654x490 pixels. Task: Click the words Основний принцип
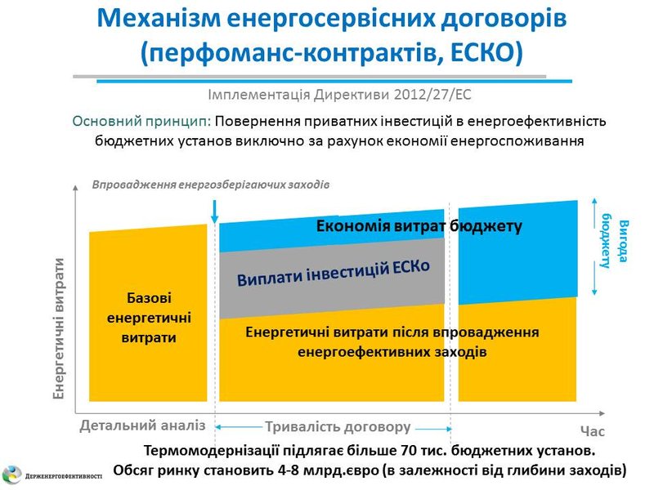click(141, 121)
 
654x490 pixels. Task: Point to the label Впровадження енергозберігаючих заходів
click(211, 185)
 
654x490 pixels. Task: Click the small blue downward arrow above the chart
click(215, 212)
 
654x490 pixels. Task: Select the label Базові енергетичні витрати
click(149, 318)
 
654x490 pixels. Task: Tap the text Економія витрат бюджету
click(419, 226)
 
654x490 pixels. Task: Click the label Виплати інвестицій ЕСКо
click(334, 273)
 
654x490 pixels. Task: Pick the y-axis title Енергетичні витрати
click(59, 328)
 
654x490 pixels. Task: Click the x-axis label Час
click(592, 431)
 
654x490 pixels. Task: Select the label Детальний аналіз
click(142, 425)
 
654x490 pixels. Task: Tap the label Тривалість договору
click(338, 427)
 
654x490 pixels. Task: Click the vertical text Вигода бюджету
click(615, 241)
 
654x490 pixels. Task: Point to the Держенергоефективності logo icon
click(12, 475)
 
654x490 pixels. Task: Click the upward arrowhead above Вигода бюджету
click(594, 202)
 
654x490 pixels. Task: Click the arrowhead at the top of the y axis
click(75, 188)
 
